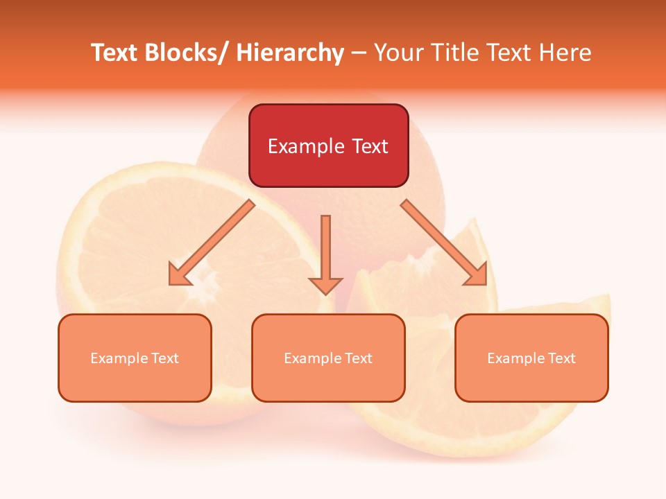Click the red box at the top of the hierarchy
[x=328, y=146]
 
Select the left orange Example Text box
[x=135, y=358]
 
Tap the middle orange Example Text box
[x=328, y=358]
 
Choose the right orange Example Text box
[x=531, y=358]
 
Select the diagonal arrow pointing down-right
[x=444, y=243]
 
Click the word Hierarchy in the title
[x=290, y=53]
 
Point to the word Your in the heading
[x=398, y=53]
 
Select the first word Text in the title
[x=115, y=53]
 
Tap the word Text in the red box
[x=369, y=146]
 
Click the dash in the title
[x=359, y=53]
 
